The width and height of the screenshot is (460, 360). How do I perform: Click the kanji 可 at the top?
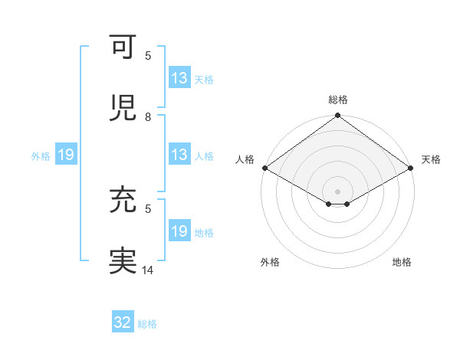(124, 47)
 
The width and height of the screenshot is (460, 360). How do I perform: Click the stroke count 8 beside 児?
(148, 117)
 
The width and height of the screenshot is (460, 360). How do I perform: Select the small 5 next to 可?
(148, 56)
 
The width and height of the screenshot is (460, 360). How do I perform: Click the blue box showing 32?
(123, 323)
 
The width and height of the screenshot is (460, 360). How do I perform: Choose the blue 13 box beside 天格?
(179, 78)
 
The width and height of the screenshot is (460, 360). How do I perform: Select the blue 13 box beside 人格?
(179, 155)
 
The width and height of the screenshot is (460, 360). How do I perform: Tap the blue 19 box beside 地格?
(179, 231)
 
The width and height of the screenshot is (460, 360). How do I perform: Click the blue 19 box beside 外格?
(66, 155)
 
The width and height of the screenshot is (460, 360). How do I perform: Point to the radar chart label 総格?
(337, 100)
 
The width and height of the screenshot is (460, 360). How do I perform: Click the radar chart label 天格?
(431, 159)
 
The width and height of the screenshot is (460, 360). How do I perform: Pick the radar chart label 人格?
(245, 159)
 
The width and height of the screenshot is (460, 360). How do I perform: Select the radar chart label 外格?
(270, 262)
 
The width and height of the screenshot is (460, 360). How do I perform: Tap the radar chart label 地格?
(402, 262)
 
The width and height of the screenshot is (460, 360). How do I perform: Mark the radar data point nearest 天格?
(412, 168)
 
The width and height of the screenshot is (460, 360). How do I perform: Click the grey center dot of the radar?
(337, 191)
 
